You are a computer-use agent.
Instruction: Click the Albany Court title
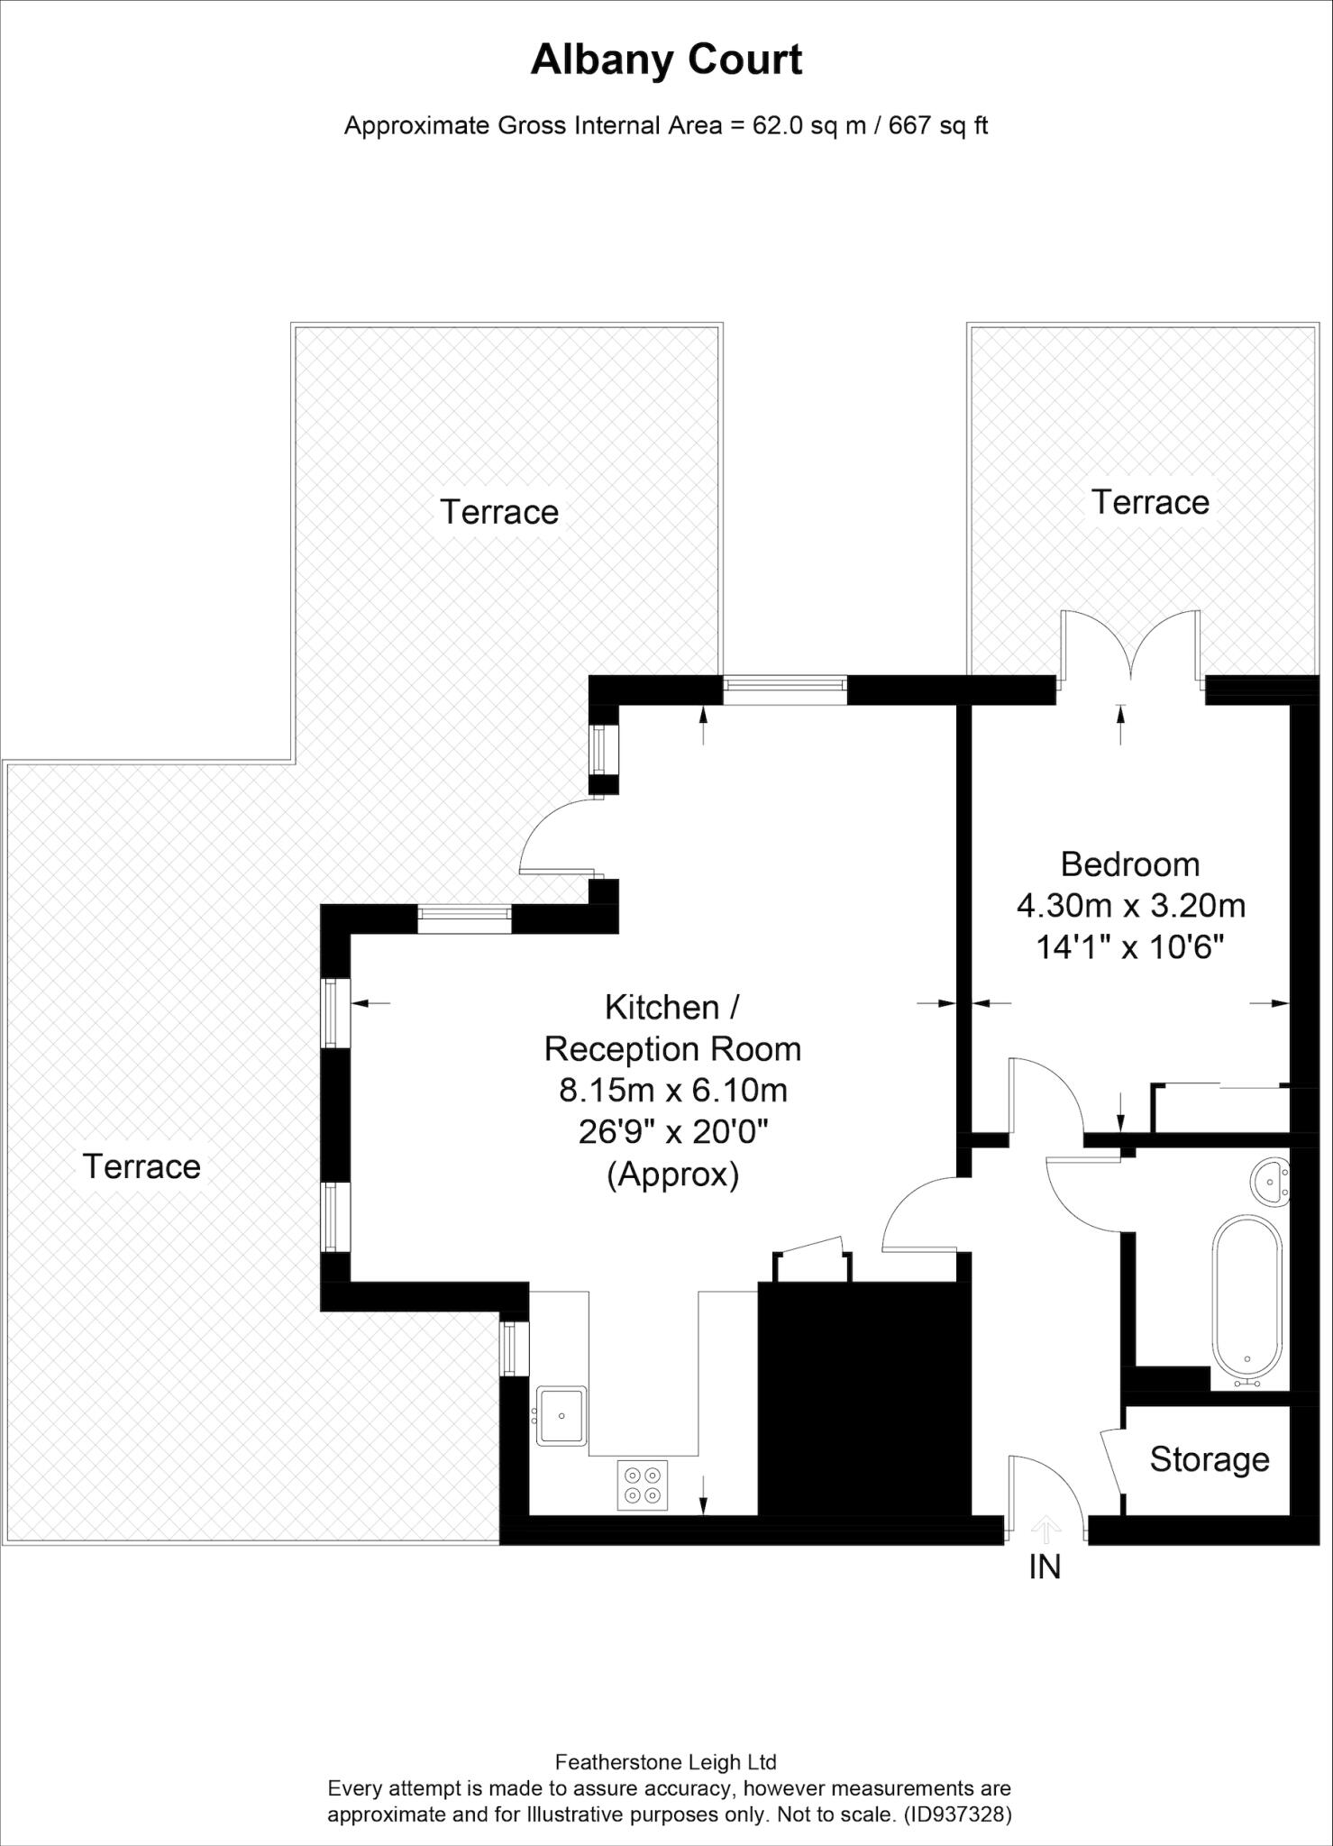click(666, 60)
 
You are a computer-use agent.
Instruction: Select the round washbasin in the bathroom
click(1271, 1180)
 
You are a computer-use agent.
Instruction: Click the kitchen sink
click(561, 1415)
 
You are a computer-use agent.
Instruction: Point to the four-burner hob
click(643, 1485)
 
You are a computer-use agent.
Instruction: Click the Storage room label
click(1209, 1458)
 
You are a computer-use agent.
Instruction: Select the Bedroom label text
click(1129, 864)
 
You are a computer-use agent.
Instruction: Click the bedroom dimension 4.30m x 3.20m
click(1130, 905)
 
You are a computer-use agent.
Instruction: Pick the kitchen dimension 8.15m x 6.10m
click(673, 1090)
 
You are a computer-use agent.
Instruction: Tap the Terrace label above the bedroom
click(1150, 502)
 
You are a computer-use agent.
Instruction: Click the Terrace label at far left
click(142, 1166)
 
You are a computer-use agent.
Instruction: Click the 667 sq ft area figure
click(938, 125)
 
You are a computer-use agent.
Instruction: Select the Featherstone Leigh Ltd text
click(666, 1762)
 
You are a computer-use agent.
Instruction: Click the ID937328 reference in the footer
click(958, 1814)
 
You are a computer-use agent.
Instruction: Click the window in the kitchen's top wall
click(784, 690)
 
